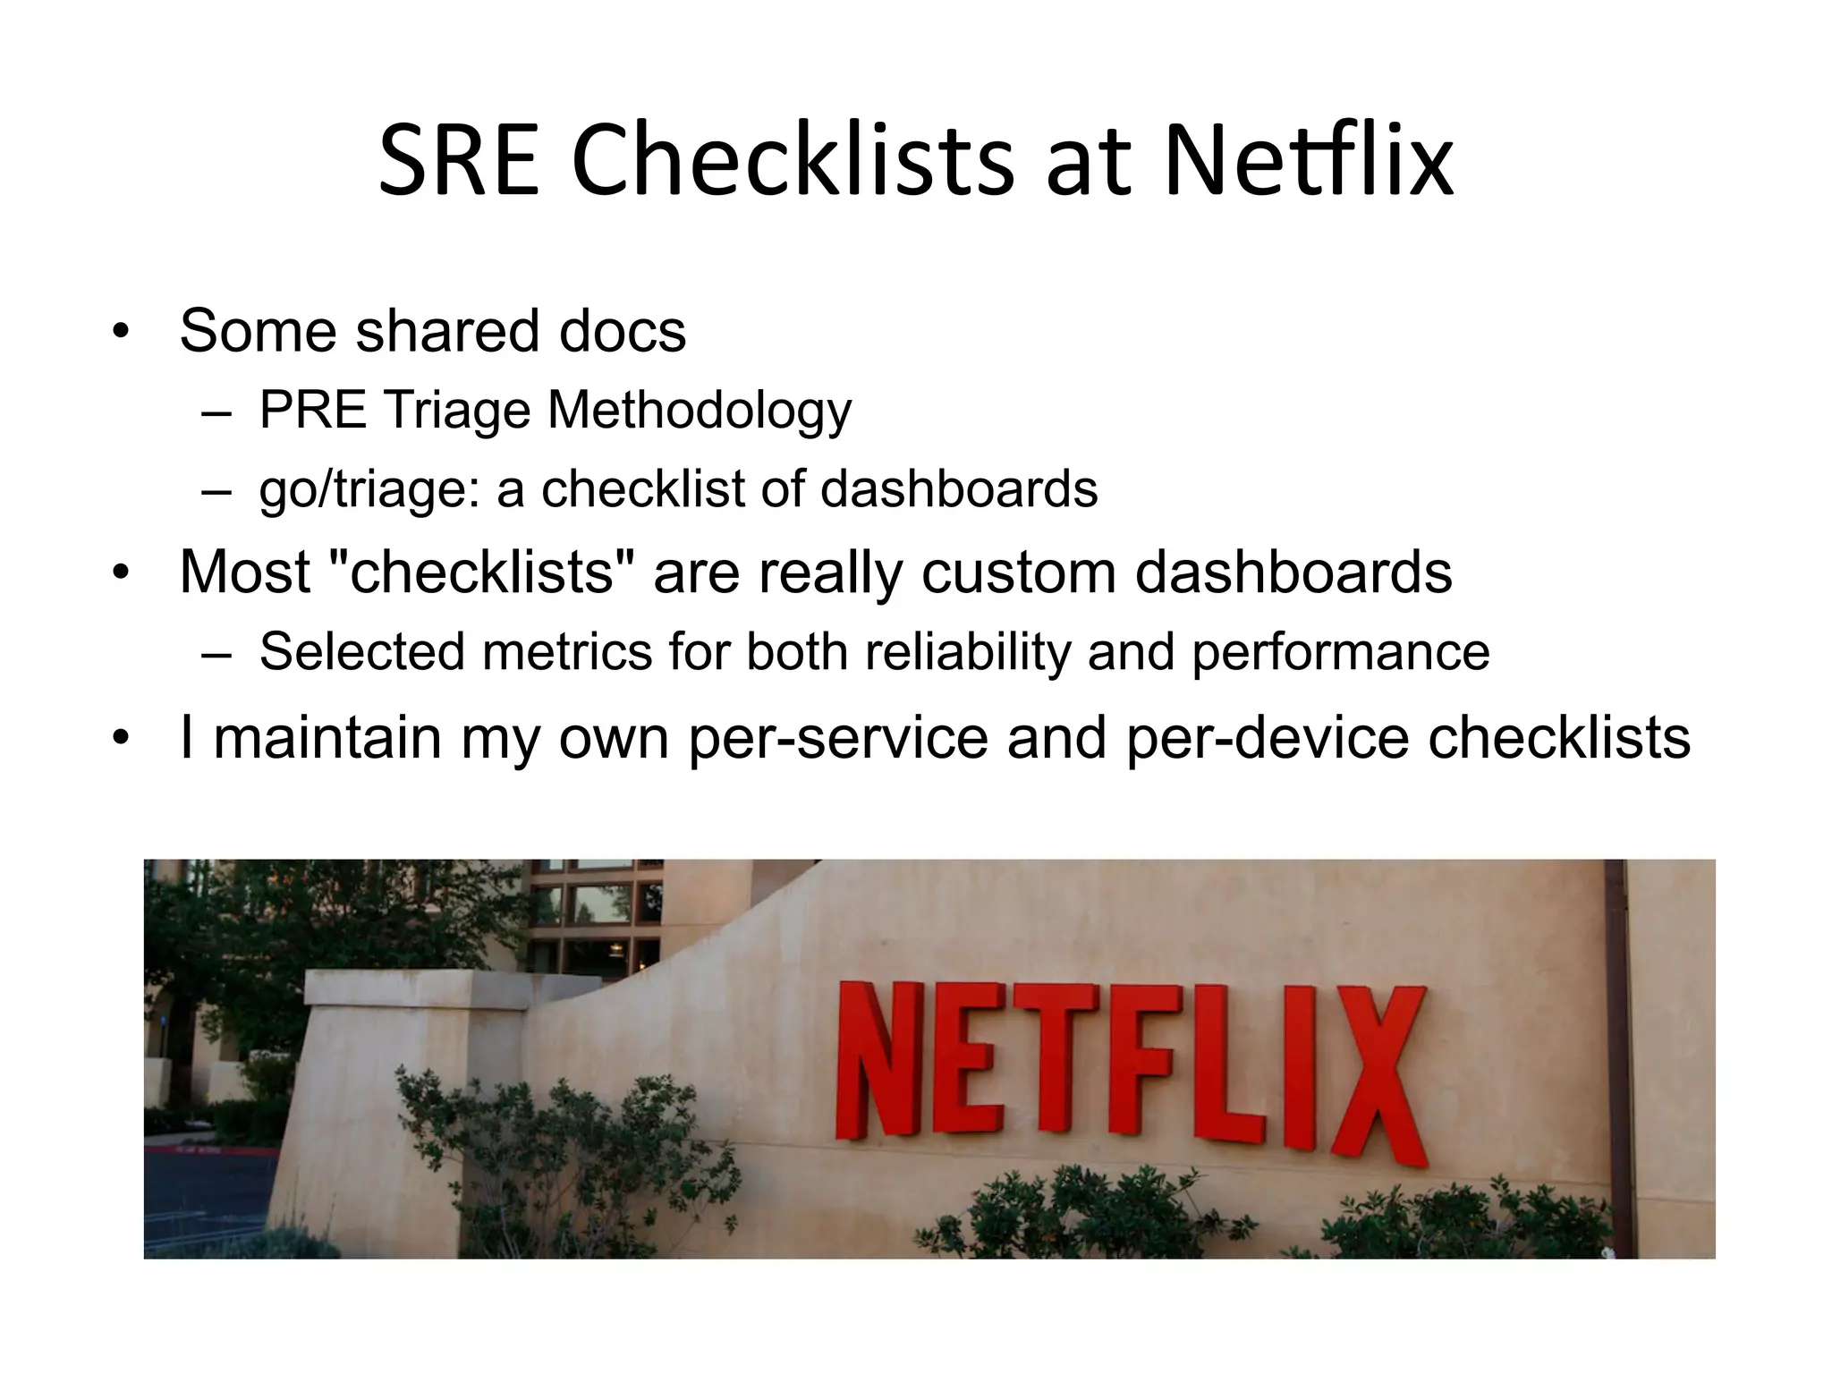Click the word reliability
(x=968, y=651)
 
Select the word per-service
(x=838, y=738)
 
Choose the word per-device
(x=1268, y=738)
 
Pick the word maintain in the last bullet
(x=327, y=738)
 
